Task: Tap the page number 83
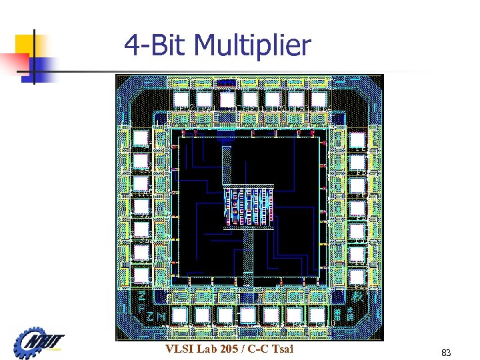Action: pyautogui.click(x=446, y=351)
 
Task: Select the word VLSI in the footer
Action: pyautogui.click(x=181, y=349)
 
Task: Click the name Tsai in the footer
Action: pyautogui.click(x=281, y=349)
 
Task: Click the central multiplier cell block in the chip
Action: pyautogui.click(x=249, y=206)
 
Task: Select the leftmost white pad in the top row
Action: pyautogui.click(x=181, y=99)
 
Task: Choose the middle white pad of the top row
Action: pyautogui.click(x=250, y=99)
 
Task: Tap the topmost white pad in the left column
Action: pyautogui.click(x=141, y=139)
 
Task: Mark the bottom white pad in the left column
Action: pyautogui.click(x=141, y=275)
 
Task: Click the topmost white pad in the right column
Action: pyautogui.click(x=357, y=140)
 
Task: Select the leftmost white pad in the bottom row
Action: pyautogui.click(x=180, y=314)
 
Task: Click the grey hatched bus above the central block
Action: pyautogui.click(x=227, y=164)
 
